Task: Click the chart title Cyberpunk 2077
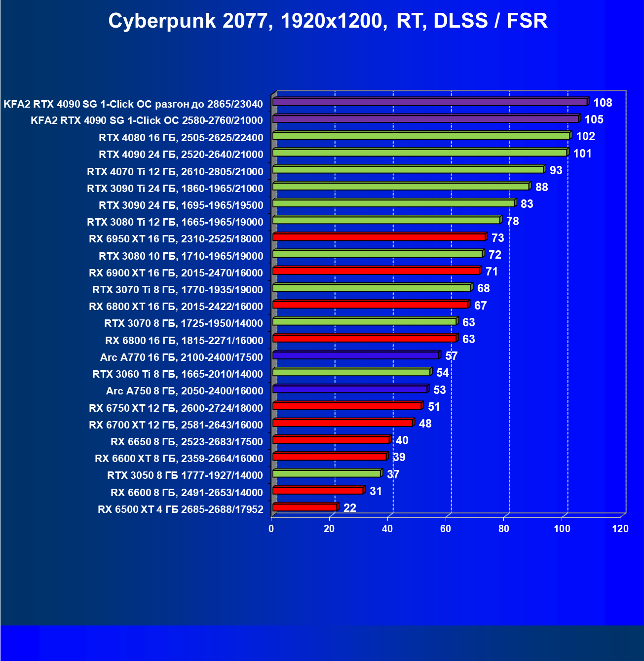tap(328, 21)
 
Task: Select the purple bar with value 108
tap(429, 102)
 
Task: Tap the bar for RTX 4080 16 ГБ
tap(420, 136)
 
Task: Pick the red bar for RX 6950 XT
tap(379, 237)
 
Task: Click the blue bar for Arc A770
tap(355, 355)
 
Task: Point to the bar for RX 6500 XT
tap(304, 507)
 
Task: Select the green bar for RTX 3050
tap(326, 474)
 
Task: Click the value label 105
tap(594, 119)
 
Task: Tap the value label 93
tap(556, 170)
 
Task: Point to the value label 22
tap(349, 508)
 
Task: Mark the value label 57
tap(451, 356)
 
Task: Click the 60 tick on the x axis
tap(446, 529)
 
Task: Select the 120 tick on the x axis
tap(620, 529)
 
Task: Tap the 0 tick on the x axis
tap(271, 529)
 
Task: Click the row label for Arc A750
tap(185, 391)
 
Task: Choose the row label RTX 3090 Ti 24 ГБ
tap(175, 189)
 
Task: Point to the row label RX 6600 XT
tap(179, 459)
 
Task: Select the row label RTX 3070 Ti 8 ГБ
tap(178, 290)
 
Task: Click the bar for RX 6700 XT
tap(342, 423)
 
